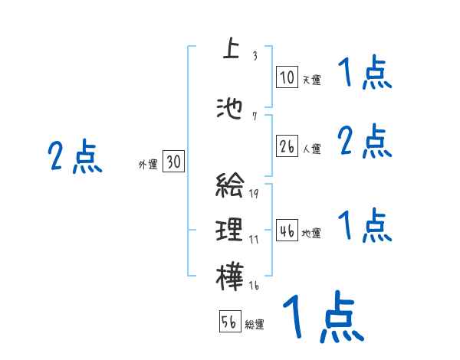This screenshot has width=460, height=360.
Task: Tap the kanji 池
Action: (230, 110)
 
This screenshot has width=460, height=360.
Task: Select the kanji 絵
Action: (230, 186)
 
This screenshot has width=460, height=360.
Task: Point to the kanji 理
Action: (230, 229)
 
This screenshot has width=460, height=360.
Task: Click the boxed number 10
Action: (287, 77)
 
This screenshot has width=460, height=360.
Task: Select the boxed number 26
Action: (287, 146)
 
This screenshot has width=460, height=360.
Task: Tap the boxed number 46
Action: (287, 231)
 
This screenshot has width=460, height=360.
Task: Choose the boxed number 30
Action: (173, 162)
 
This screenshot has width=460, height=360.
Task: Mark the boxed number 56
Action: (230, 322)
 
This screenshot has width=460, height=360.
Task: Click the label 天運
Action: (311, 79)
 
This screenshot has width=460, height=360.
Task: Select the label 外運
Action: (147, 164)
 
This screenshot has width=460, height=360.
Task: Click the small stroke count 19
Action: (253, 193)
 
